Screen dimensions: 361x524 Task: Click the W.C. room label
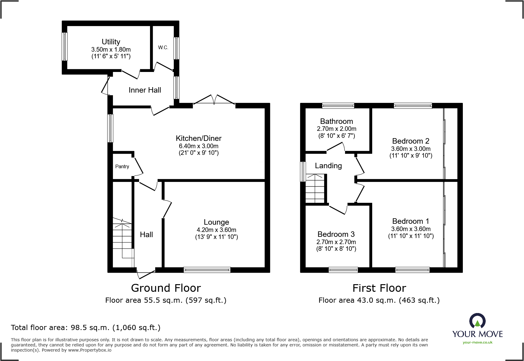point(163,47)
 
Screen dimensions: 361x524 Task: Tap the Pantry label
point(122,166)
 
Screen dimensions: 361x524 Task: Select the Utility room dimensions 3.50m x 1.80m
point(111,49)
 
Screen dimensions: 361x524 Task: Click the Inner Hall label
point(145,90)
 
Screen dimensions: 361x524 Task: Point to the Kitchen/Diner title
point(198,138)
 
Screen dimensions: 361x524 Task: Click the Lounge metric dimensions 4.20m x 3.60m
point(216,230)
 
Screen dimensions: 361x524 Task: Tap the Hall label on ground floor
point(146,235)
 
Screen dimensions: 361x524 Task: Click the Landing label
point(328,166)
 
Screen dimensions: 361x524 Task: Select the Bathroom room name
point(336,121)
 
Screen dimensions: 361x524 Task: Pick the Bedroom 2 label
point(410,141)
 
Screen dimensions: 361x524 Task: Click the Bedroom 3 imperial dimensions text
point(336,249)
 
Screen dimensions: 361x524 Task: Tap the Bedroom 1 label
point(410,221)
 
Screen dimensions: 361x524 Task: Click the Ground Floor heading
point(166,288)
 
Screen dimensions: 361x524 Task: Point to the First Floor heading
point(379,288)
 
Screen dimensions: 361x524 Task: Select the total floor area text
point(86,328)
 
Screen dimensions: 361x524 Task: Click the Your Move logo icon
point(477,321)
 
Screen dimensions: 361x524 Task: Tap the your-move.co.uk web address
point(477,342)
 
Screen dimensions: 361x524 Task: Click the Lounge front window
point(207,270)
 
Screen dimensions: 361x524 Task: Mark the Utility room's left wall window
point(65,46)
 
